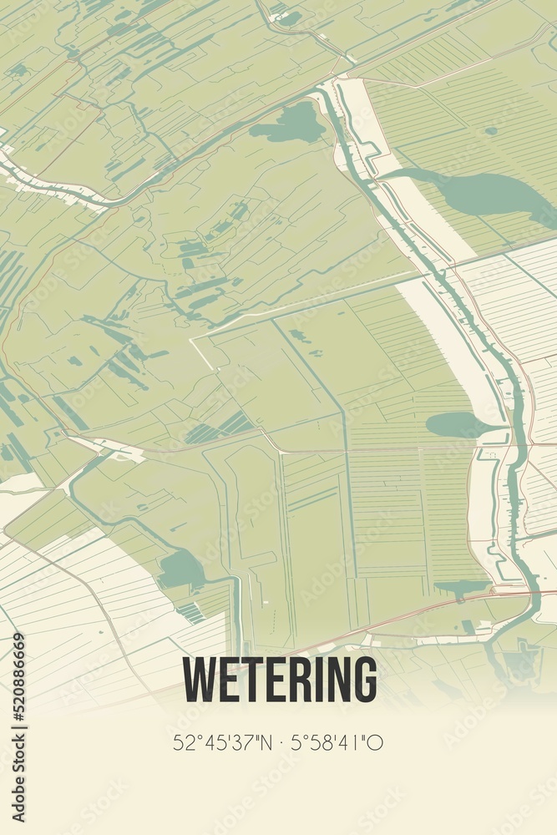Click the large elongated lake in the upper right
point(484,192)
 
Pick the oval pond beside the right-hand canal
point(458,424)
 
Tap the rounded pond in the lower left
point(181,569)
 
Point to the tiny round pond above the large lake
point(491,131)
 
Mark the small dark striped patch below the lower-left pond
point(191,613)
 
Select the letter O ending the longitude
point(377,742)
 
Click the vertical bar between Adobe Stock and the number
point(18,709)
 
